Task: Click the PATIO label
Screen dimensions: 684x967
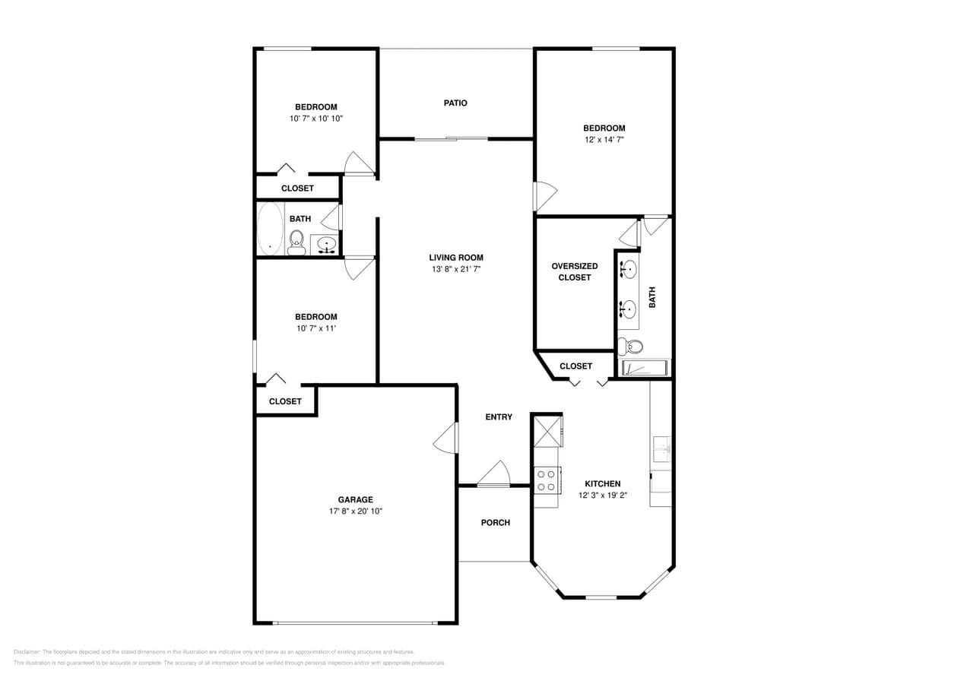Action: pos(455,103)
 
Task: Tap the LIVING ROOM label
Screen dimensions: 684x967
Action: pos(455,258)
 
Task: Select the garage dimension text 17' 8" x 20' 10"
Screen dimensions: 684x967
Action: pos(355,511)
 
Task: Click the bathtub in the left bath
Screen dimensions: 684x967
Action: pos(269,229)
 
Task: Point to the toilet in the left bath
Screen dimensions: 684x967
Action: pos(296,242)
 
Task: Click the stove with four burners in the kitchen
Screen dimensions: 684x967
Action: pos(546,480)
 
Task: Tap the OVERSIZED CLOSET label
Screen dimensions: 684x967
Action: pos(574,271)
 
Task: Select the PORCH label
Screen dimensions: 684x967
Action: pos(495,523)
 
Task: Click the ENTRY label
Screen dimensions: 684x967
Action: pos(499,417)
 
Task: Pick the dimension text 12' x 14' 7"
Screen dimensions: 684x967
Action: pos(604,140)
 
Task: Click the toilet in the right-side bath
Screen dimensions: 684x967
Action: pos(632,347)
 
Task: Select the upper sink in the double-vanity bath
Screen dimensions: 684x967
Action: pos(629,270)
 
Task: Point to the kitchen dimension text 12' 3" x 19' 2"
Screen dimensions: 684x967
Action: pos(602,496)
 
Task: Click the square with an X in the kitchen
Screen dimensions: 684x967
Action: pos(547,431)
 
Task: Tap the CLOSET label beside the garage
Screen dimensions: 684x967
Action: pos(285,401)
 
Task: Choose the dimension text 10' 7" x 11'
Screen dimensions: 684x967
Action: pos(315,328)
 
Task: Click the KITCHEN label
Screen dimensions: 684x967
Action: pos(602,484)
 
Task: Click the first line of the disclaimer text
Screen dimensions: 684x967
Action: pos(214,652)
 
